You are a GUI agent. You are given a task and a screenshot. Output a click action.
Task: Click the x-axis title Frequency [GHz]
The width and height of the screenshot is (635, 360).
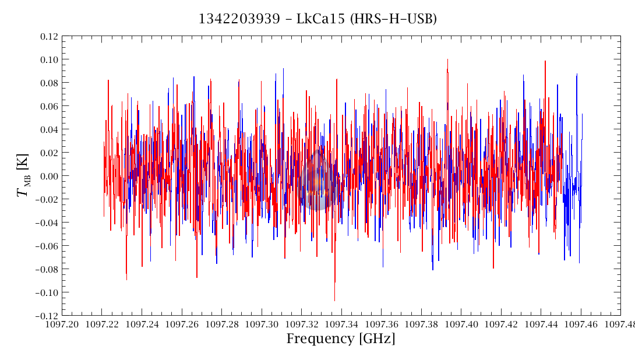pyautogui.click(x=341, y=339)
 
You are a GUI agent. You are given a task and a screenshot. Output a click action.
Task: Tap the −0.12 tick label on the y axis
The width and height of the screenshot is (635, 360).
pyautogui.click(x=47, y=315)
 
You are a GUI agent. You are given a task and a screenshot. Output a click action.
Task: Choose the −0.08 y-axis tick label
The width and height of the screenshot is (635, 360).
pyautogui.click(x=47, y=269)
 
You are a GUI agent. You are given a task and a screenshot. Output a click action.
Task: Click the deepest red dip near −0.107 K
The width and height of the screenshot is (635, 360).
pyautogui.click(x=334, y=299)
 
